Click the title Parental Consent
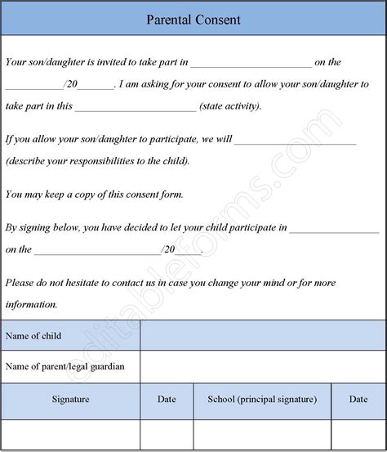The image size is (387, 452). tap(193, 19)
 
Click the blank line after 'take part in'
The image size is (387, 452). tap(251, 65)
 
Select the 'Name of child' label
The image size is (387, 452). tap(33, 336)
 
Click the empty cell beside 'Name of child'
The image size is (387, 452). tap(263, 336)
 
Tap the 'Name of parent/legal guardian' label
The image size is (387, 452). tap(65, 366)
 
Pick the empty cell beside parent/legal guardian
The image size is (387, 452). tap(263, 366)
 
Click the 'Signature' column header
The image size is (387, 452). tap(70, 399)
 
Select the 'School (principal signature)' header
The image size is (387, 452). tap(262, 399)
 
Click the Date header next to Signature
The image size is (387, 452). tap(167, 399)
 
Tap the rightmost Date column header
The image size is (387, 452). tap(358, 399)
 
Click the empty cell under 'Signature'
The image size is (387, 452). tap(70, 434)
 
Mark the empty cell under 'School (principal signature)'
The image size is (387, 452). tap(262, 434)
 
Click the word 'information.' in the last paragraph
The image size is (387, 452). tap(31, 304)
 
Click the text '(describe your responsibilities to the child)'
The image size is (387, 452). tap(97, 160)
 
